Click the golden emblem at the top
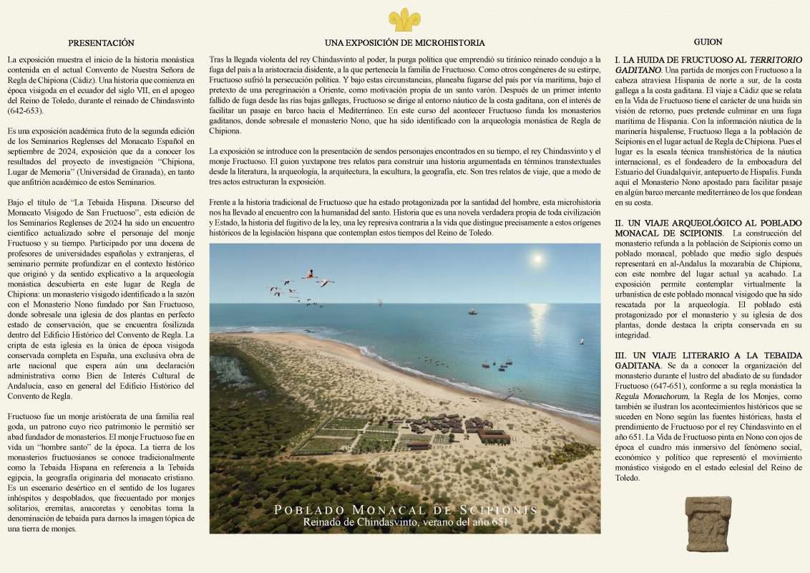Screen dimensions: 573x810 404,19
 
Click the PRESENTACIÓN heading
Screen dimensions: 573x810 101,43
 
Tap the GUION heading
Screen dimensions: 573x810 708,42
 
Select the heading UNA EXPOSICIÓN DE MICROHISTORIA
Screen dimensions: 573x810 404,43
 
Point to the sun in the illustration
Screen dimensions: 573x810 537,258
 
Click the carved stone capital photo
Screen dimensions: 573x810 708,524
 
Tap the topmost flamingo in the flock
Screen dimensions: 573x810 309,273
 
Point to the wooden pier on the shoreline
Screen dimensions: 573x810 509,393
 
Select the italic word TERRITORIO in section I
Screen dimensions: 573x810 776,59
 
